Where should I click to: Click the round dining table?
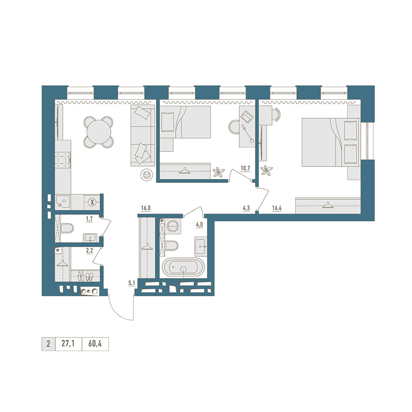tap(98, 132)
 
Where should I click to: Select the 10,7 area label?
tap(245, 169)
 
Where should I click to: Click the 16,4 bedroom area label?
tap(277, 208)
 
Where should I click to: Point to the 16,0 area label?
tap(145, 208)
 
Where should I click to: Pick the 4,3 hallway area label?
tap(246, 208)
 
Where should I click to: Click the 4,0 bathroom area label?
tap(199, 225)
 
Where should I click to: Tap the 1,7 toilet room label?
tap(89, 219)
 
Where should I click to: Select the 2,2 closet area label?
tap(89, 251)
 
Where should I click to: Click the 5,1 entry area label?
tap(132, 283)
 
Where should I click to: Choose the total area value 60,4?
tap(95, 344)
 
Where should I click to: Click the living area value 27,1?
tap(68, 344)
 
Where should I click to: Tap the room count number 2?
tap(48, 344)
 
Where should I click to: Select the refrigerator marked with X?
tap(92, 202)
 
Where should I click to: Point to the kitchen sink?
tap(63, 202)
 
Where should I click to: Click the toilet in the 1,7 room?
tap(67, 228)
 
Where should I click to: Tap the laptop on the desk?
tap(247, 117)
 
